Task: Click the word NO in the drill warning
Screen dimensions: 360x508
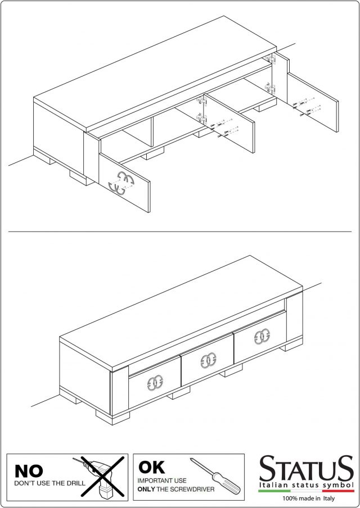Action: tap(29, 471)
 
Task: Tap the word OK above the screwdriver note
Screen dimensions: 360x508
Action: tap(151, 467)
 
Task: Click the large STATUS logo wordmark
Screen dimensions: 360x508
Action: tap(306, 469)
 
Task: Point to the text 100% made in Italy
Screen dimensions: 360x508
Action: tap(308, 498)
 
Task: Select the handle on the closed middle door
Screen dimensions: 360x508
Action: tap(208, 361)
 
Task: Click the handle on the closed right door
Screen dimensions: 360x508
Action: tap(262, 337)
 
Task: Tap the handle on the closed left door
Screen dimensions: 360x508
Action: tap(155, 383)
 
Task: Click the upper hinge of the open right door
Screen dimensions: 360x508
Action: tap(270, 58)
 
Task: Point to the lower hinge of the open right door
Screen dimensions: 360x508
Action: tap(270, 88)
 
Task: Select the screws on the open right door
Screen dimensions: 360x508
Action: tap(307, 107)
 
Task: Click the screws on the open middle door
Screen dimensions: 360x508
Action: tap(224, 128)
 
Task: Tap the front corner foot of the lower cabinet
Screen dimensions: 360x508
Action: tap(109, 418)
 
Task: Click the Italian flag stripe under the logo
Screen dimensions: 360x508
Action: tap(306, 491)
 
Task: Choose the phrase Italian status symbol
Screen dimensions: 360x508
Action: tap(306, 485)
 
